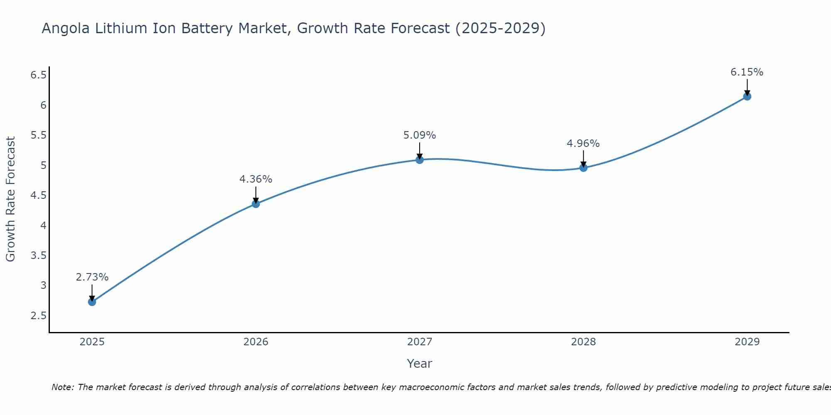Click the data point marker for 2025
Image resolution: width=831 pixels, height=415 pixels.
click(x=92, y=302)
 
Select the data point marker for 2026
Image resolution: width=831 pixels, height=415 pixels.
click(x=256, y=204)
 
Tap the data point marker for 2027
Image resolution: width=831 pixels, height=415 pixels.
click(x=420, y=160)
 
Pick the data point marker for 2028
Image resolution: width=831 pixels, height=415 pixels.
click(x=583, y=168)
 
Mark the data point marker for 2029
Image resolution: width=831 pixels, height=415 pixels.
click(x=747, y=97)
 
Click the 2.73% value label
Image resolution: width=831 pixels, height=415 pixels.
click(x=92, y=277)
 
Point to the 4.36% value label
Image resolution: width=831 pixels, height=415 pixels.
click(x=256, y=179)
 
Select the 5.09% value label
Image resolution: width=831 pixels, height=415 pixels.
click(x=420, y=135)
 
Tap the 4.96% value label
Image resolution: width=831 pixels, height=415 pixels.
click(x=583, y=144)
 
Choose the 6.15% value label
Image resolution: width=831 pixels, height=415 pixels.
click(x=747, y=72)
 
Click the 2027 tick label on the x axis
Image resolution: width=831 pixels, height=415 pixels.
click(x=420, y=342)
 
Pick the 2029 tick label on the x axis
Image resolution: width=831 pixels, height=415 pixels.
click(x=747, y=342)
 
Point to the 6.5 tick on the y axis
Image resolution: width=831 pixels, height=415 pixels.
click(x=38, y=75)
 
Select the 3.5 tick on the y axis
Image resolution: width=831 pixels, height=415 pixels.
click(x=38, y=256)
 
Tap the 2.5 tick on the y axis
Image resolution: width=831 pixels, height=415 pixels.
click(x=38, y=316)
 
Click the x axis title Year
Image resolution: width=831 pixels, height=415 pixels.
click(x=420, y=364)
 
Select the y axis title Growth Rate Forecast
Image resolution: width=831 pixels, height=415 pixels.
click(x=11, y=199)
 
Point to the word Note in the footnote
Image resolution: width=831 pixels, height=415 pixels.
click(x=62, y=387)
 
